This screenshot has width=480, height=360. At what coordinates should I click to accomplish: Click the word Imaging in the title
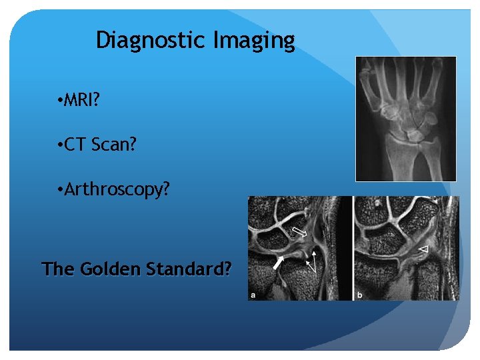(x=254, y=41)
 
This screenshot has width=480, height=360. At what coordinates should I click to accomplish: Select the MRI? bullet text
(x=83, y=101)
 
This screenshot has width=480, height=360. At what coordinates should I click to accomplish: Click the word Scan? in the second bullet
(x=116, y=145)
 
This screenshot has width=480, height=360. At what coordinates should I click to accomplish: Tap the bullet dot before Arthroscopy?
(x=60, y=191)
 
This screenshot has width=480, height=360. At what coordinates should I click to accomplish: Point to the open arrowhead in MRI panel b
(x=423, y=249)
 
